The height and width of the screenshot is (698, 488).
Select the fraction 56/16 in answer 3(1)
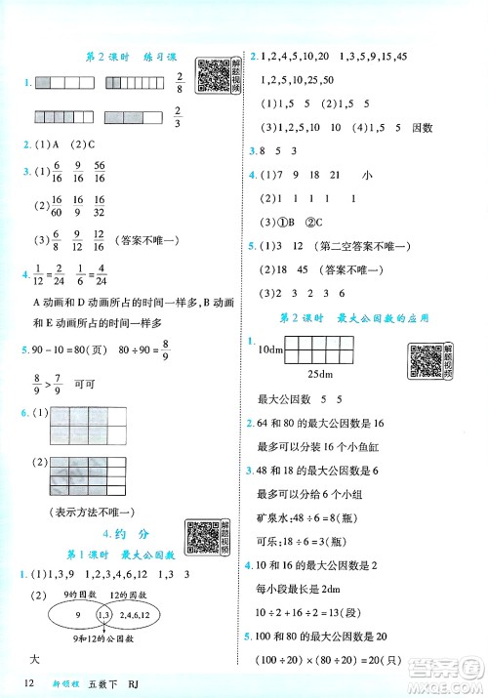click(x=100, y=173)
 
